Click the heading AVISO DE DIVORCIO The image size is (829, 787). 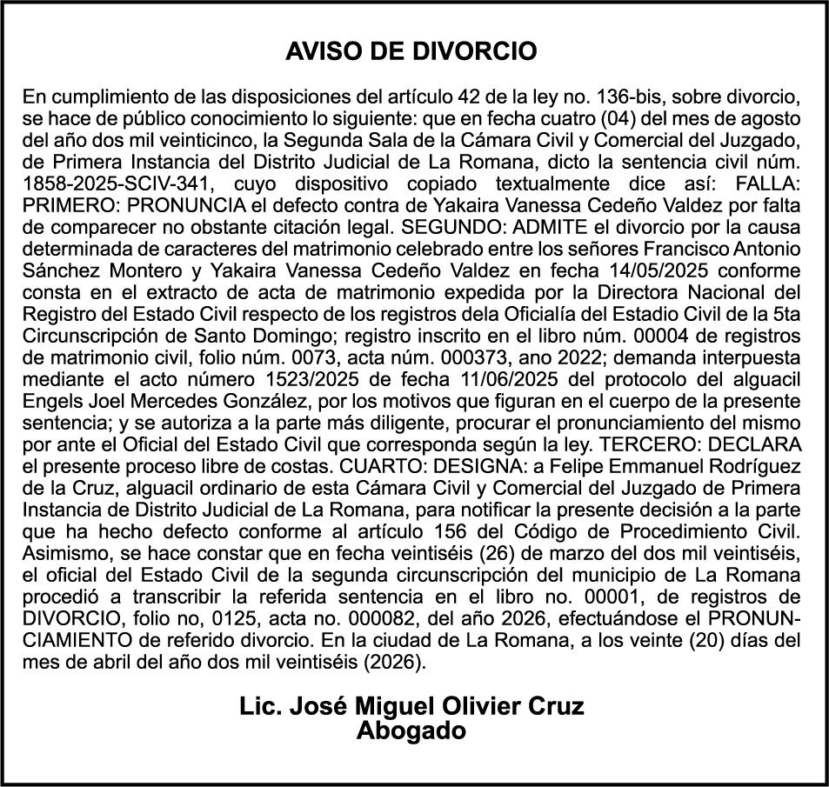click(x=411, y=51)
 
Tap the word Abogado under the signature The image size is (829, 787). click(x=411, y=731)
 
